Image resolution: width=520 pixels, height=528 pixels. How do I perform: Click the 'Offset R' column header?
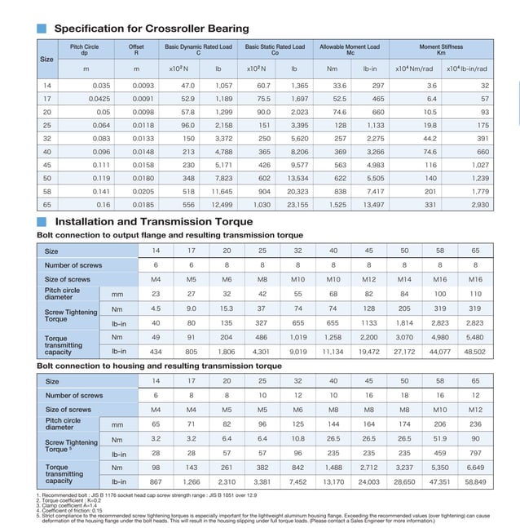(137, 51)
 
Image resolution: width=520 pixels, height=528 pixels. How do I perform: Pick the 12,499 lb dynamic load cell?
(221, 204)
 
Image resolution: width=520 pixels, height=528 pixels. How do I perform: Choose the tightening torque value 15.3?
(227, 308)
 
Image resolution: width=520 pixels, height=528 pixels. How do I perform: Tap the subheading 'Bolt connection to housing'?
(159, 366)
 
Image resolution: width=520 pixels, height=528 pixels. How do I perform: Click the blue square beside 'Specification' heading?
(42, 29)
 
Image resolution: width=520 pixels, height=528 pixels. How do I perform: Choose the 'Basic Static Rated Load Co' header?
(275, 51)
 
